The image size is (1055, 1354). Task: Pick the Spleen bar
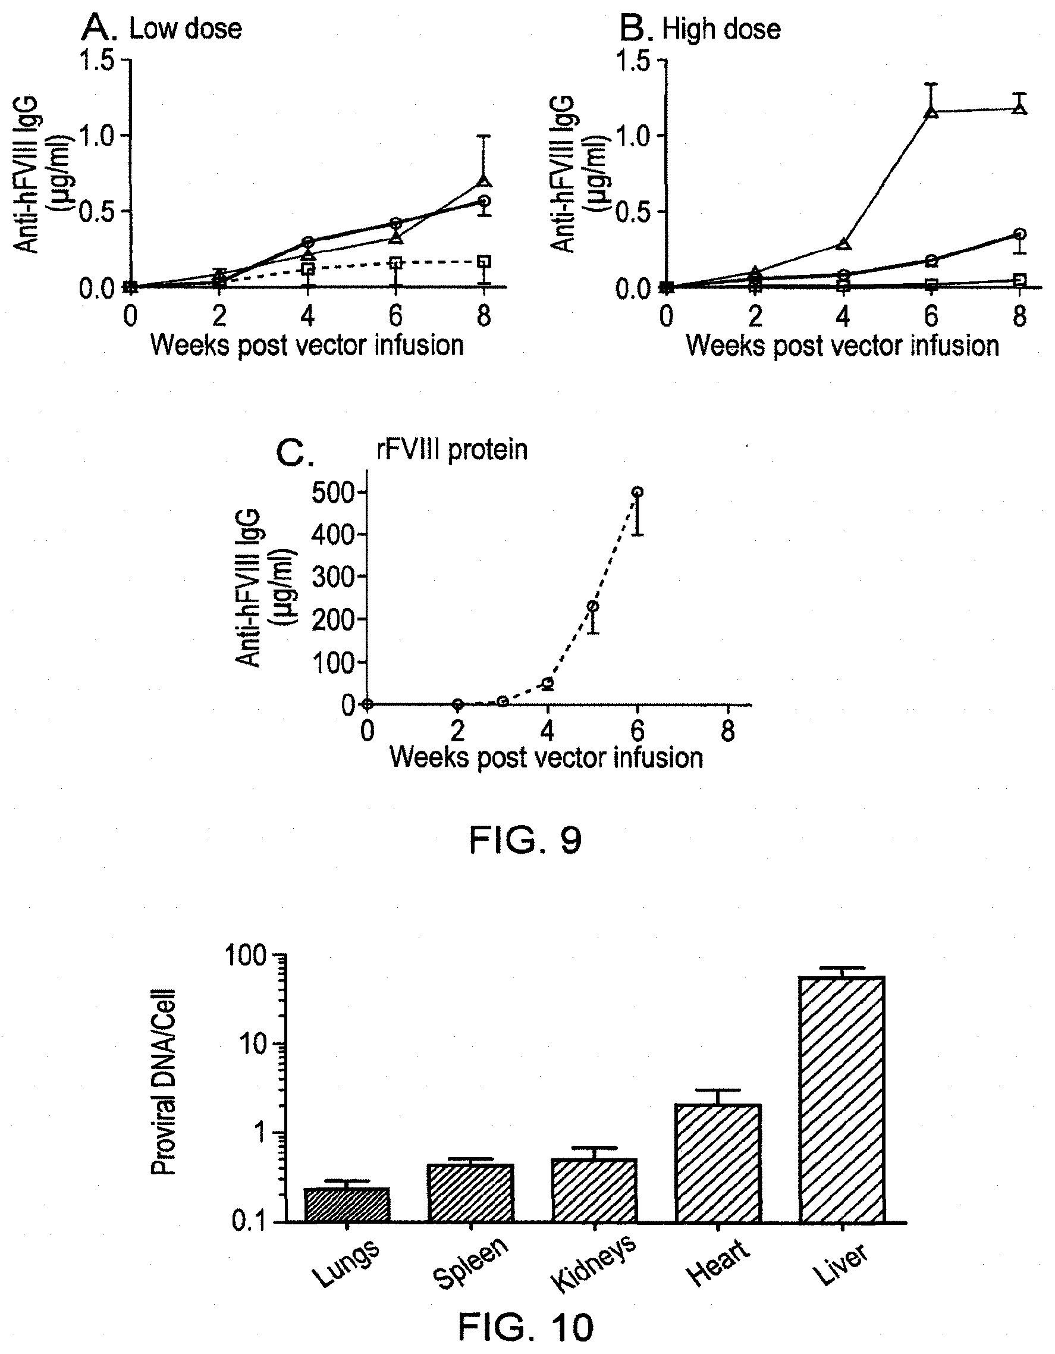[470, 1193]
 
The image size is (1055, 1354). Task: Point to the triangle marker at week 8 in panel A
[485, 181]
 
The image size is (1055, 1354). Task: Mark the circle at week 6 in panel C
[637, 491]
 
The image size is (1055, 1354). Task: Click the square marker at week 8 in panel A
[485, 262]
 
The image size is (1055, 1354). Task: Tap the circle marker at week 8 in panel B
[1020, 234]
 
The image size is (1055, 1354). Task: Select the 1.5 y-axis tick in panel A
[98, 61]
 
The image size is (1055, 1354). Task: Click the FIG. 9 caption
[526, 841]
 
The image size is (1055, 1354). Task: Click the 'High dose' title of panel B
[721, 29]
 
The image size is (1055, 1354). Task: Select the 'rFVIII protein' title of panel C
[453, 450]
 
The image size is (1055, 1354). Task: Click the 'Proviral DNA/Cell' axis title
[164, 1082]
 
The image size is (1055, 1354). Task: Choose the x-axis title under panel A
[307, 344]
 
